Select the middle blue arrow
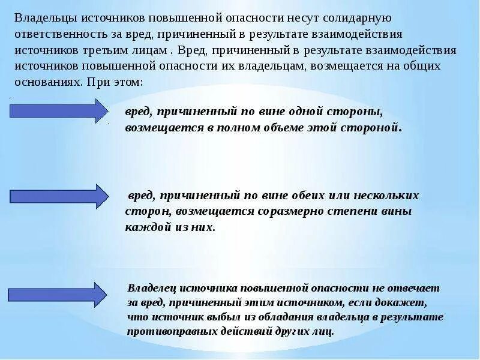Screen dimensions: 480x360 coord(59,196)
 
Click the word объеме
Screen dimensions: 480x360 coord(284,128)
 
